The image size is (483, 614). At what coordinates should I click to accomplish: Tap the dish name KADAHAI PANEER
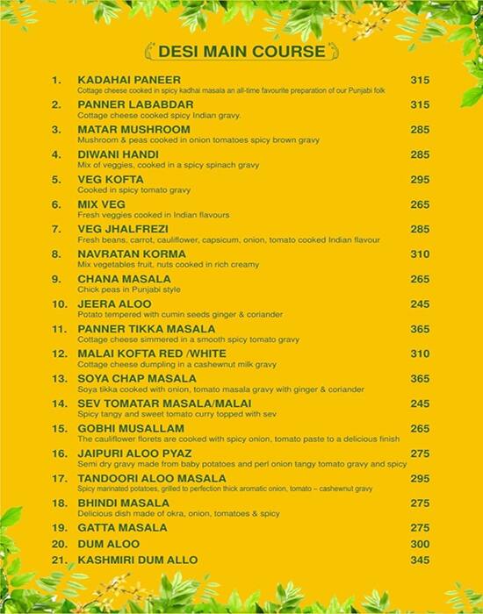125,80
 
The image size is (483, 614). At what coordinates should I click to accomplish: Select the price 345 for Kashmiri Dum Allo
420,560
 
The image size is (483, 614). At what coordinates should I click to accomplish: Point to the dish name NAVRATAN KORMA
126,254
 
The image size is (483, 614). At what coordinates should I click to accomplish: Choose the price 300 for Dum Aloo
420,544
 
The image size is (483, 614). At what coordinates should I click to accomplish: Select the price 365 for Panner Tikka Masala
420,329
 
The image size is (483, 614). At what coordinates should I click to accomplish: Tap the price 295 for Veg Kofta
420,180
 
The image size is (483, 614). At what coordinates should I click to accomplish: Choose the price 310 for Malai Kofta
420,353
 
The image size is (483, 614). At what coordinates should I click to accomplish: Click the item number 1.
58,80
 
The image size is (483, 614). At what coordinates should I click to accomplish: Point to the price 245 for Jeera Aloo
420,303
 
